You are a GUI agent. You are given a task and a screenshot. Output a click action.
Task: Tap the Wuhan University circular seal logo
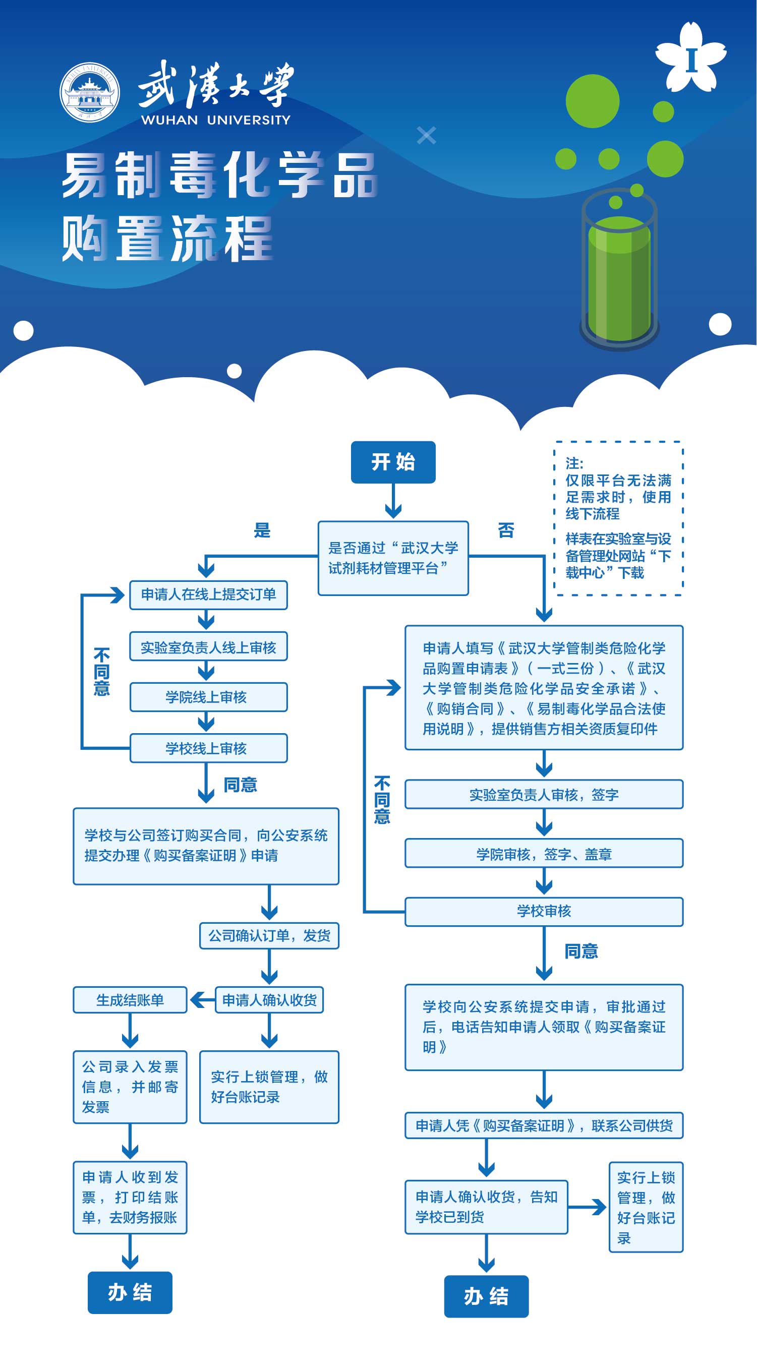(x=89, y=93)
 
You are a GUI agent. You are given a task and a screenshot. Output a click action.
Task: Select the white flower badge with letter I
(x=691, y=57)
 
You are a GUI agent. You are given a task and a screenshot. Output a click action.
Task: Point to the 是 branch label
(x=262, y=530)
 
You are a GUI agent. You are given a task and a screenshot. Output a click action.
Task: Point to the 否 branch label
(x=506, y=530)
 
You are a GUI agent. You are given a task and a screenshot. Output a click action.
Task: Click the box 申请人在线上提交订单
(x=208, y=594)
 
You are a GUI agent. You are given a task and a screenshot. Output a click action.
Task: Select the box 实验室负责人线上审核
(x=208, y=647)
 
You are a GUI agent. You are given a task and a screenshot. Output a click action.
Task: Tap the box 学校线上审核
(x=208, y=748)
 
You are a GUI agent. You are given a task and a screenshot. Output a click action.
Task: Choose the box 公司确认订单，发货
(x=269, y=935)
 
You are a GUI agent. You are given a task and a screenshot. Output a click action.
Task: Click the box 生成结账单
(x=130, y=1000)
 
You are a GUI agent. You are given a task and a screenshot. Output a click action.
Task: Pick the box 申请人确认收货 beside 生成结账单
(x=269, y=1000)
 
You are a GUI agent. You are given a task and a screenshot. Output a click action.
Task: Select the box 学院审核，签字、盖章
(x=544, y=854)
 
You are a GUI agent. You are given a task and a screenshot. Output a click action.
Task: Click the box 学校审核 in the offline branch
(x=544, y=912)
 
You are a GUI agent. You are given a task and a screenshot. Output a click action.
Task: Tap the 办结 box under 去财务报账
(x=130, y=1292)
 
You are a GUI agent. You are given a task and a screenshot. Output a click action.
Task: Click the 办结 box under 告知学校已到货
(x=486, y=1296)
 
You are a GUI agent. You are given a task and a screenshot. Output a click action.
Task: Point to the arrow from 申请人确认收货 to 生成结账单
(x=202, y=1000)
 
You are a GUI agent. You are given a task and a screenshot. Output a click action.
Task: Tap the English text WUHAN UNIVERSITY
(x=215, y=120)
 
